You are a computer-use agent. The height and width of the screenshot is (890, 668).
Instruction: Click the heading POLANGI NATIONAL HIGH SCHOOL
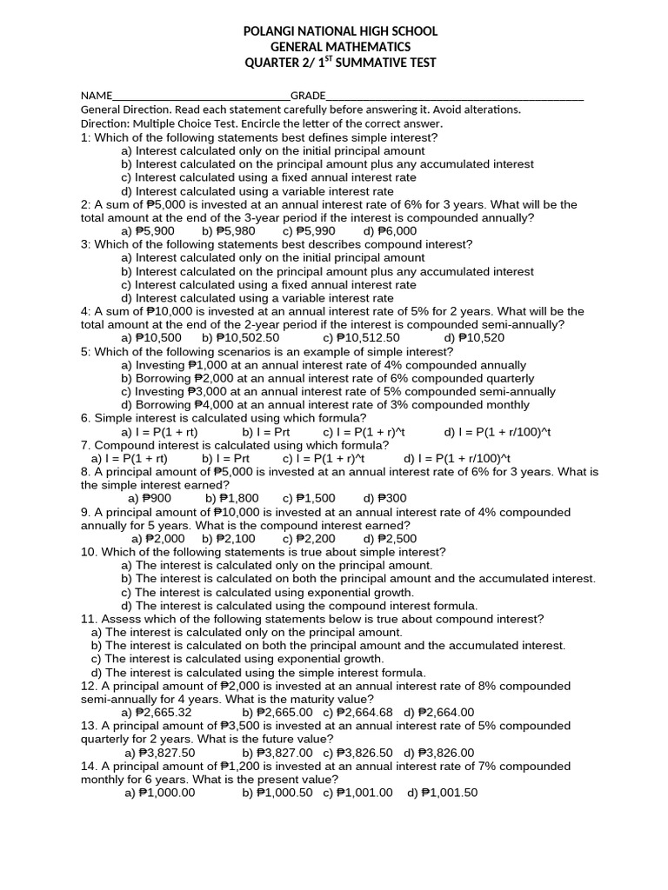click(341, 31)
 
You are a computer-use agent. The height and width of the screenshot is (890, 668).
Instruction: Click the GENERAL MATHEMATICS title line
click(341, 47)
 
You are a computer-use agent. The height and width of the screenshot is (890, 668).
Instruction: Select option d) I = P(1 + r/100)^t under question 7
click(457, 458)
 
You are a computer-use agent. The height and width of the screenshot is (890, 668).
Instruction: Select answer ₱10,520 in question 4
click(474, 338)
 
